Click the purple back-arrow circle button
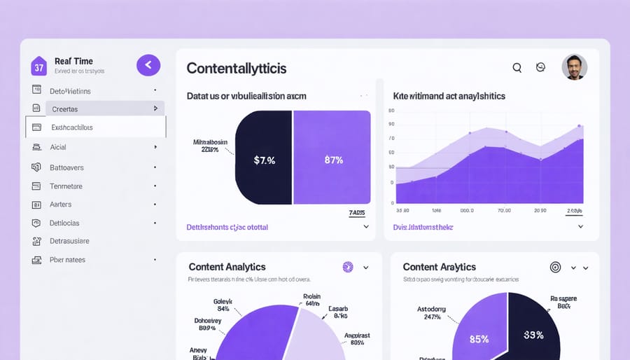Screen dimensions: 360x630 tap(148, 65)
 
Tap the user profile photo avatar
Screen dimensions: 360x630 tap(574, 67)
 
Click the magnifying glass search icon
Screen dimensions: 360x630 tap(517, 68)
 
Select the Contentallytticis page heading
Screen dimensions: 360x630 tap(236, 68)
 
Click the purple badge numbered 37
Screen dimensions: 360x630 tap(38, 67)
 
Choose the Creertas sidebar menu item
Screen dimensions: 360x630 tap(64, 109)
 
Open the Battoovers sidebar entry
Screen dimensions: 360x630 tap(66, 167)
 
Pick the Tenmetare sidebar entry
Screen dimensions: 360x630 tap(66, 186)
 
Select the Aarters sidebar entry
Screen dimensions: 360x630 tap(60, 205)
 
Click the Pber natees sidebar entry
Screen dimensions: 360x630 tap(67, 259)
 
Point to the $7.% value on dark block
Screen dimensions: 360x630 tap(264, 160)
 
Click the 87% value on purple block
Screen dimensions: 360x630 tap(333, 160)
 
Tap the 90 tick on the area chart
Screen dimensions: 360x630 tap(391, 124)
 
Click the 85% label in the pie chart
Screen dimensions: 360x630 tap(479, 339)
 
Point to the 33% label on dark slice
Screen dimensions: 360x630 tap(533, 335)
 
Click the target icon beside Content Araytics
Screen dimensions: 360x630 tap(555, 267)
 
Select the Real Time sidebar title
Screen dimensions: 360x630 tap(73, 62)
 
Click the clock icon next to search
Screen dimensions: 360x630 tap(540, 67)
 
